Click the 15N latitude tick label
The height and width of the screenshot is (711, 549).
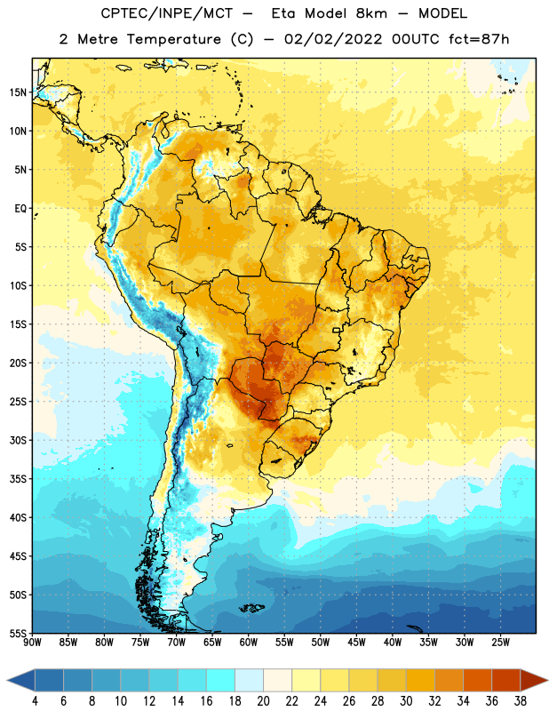point(18,92)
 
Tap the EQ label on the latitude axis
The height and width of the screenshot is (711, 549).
point(20,209)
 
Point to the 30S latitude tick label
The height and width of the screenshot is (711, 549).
point(18,440)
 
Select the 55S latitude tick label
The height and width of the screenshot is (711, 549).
point(18,633)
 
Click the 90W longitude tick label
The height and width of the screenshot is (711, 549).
point(32,643)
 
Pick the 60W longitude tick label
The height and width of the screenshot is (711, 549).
point(249,643)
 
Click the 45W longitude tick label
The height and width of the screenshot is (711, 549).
point(356,643)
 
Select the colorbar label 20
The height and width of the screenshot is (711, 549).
point(263,701)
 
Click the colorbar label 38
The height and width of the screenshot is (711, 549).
point(520,701)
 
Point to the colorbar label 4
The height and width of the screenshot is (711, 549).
point(35,701)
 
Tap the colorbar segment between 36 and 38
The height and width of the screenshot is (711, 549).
point(506,680)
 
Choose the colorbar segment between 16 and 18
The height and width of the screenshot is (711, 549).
point(221,680)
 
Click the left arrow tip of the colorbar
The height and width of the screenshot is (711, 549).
point(7,680)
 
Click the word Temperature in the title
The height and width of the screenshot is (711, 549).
point(173,39)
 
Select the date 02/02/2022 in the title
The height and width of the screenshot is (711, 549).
point(333,39)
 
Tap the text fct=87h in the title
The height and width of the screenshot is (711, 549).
point(479,39)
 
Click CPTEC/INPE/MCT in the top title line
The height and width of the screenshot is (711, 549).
point(166,13)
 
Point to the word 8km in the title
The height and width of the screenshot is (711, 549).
point(371,13)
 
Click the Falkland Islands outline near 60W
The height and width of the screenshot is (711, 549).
point(251,608)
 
